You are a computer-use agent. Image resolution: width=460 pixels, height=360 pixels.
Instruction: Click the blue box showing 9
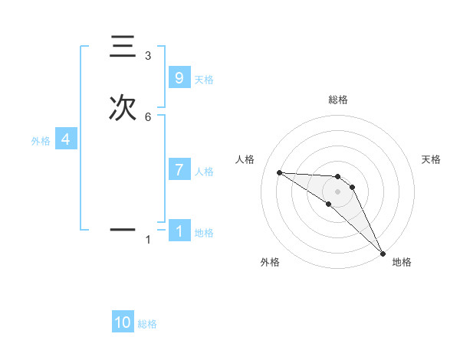pos(179,78)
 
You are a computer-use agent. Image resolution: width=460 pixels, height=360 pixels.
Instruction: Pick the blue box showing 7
pos(179,170)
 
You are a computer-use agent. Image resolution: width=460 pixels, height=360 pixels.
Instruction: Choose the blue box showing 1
pos(179,231)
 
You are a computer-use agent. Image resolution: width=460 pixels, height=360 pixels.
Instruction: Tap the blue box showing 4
pos(66,139)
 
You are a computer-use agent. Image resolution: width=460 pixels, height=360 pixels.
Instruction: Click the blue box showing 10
pos(123,322)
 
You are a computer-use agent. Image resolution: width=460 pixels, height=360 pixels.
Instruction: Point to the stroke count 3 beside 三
pos(148,56)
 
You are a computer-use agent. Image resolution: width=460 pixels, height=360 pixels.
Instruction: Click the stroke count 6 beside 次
pos(148,116)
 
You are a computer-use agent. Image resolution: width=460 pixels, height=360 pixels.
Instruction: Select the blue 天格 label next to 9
pos(204,80)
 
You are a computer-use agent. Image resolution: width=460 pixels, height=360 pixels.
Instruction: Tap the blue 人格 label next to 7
pos(204,172)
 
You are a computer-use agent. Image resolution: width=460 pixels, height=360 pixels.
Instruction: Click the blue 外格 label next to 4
pos(40,141)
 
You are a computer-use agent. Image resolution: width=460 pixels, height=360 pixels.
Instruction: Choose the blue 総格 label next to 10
pos(147,324)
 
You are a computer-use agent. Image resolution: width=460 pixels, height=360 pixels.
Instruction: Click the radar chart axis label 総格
pos(337,100)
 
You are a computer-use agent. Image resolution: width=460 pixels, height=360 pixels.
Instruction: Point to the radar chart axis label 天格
pos(431,159)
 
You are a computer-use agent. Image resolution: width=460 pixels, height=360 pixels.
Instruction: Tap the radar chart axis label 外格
pos(270,262)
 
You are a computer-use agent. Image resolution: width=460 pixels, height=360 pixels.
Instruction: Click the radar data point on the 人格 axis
pos(279,172)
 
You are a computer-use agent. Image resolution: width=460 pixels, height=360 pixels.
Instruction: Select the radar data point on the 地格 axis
pos(383,253)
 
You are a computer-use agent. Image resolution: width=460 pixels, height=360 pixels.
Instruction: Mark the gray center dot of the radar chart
pos(337,191)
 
